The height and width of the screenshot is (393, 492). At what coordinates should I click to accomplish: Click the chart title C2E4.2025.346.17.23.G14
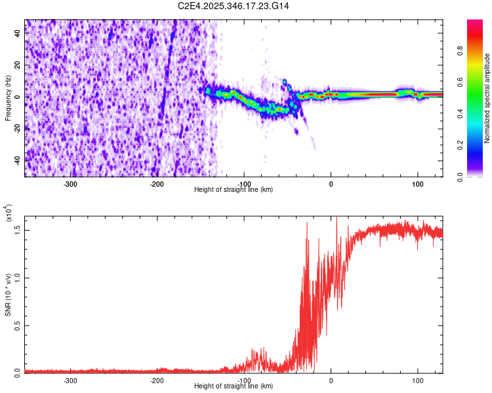[234, 6]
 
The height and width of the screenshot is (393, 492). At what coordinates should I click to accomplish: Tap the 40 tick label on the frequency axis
[18, 34]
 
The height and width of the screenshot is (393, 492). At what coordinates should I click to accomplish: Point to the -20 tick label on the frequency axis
[16, 128]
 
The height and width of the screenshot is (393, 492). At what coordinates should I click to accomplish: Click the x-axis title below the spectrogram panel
[234, 190]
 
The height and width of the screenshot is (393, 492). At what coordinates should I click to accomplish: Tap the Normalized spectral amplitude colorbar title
[487, 98]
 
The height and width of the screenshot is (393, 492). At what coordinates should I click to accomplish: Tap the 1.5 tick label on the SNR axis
[18, 229]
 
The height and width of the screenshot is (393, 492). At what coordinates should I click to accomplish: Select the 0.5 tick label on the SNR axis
[18, 324]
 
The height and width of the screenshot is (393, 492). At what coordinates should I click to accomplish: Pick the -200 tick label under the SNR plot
[157, 380]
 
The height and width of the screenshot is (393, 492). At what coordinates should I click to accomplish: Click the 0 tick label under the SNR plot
[331, 380]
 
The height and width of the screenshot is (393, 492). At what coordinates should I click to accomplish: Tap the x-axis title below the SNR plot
[234, 386]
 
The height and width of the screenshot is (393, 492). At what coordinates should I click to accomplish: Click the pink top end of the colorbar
[475, 24]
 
